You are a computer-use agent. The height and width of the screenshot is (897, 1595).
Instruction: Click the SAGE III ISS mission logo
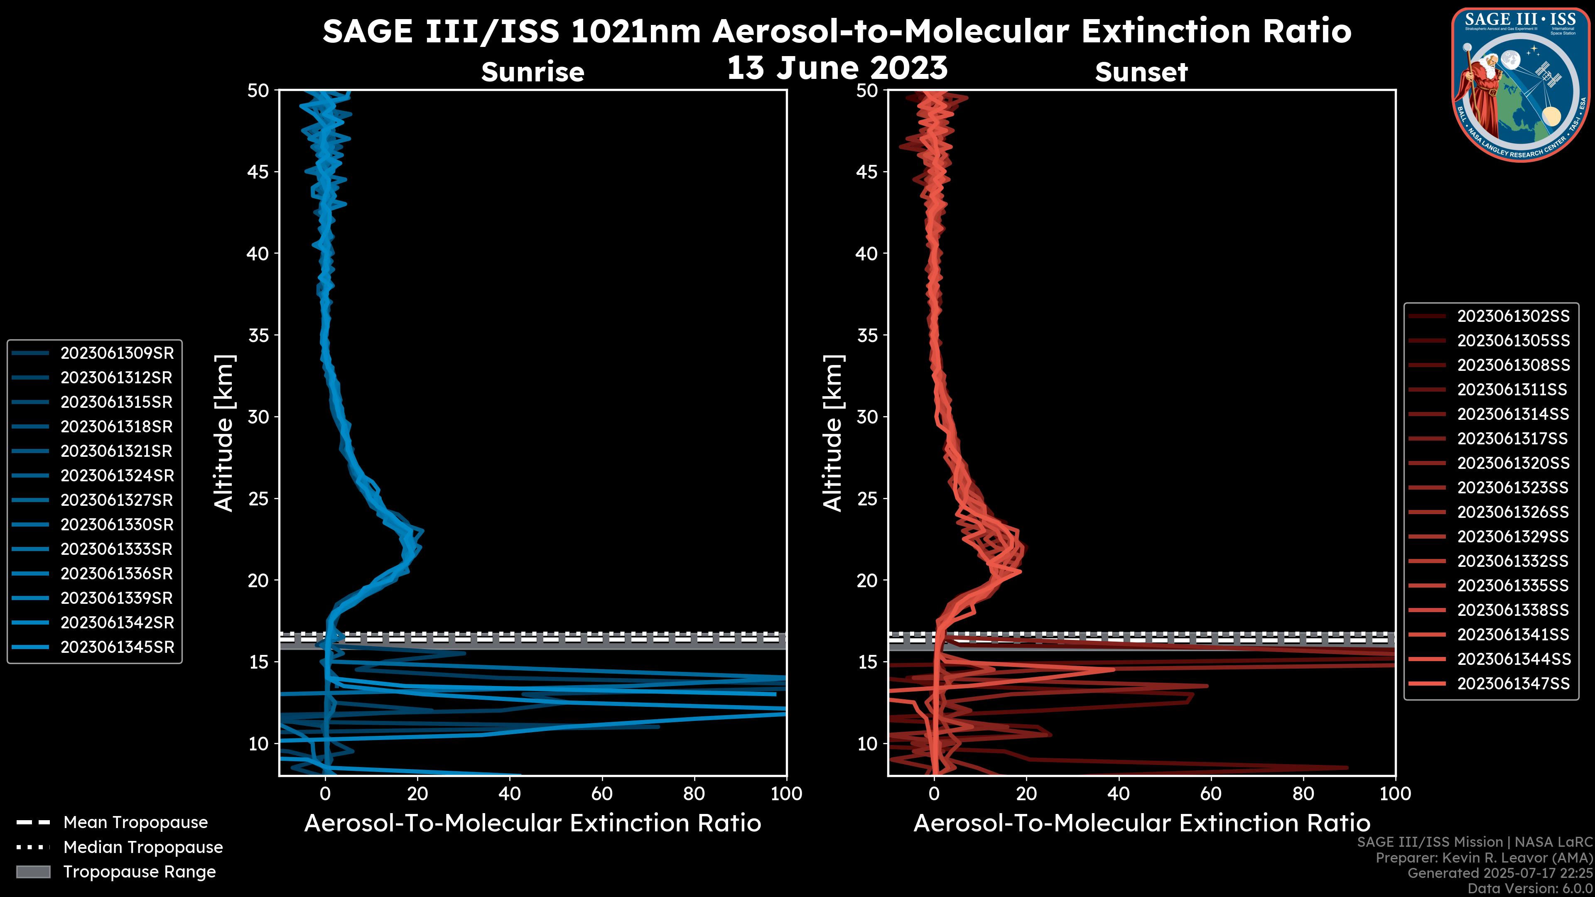coord(1519,84)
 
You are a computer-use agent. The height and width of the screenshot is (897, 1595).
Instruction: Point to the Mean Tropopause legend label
coord(135,823)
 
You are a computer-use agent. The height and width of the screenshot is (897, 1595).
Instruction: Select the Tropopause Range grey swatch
coord(33,872)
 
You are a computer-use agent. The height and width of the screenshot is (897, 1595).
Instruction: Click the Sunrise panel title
coord(532,72)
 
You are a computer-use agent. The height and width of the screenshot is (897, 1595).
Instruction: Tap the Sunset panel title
coord(1141,72)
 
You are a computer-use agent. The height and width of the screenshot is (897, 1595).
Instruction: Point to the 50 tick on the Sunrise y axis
coord(258,91)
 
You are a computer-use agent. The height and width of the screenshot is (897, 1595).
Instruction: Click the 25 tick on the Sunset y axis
coord(867,499)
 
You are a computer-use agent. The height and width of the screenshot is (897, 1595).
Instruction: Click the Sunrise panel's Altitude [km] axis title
coord(224,433)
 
